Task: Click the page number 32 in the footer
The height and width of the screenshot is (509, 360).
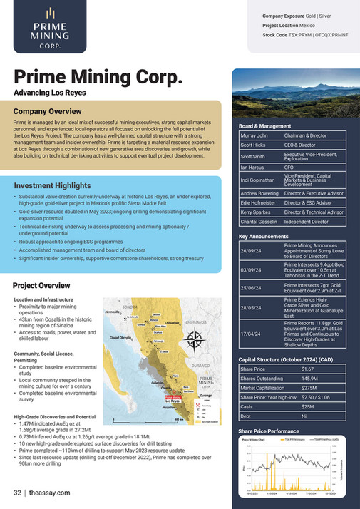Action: pyautogui.click(x=17, y=493)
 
